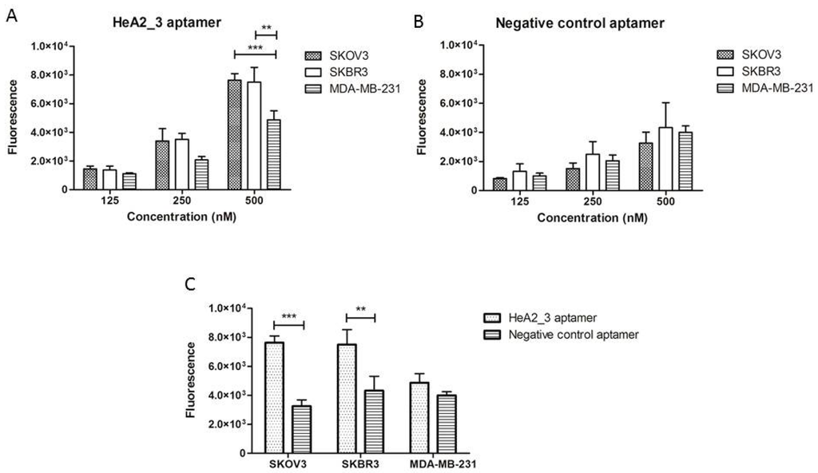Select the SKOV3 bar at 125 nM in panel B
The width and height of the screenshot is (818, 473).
(501, 184)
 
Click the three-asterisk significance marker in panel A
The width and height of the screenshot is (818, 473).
(255, 48)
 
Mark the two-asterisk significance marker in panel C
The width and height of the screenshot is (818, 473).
(360, 308)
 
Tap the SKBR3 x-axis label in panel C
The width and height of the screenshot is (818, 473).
(361, 464)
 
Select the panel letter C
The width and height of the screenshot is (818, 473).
(189, 284)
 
